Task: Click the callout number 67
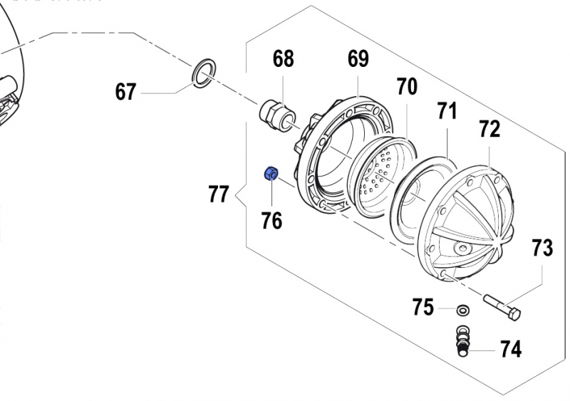click(x=126, y=92)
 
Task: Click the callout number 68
click(x=284, y=59)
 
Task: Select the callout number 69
click(x=358, y=58)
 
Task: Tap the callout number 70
click(x=406, y=87)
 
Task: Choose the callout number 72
click(x=489, y=129)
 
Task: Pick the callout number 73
click(x=541, y=248)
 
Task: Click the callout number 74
click(x=510, y=349)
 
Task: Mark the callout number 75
click(x=423, y=308)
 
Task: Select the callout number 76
click(x=271, y=221)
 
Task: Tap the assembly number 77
click(x=219, y=193)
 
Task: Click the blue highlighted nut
click(x=271, y=173)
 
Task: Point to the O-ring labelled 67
click(x=204, y=73)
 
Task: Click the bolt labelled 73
click(x=502, y=308)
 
